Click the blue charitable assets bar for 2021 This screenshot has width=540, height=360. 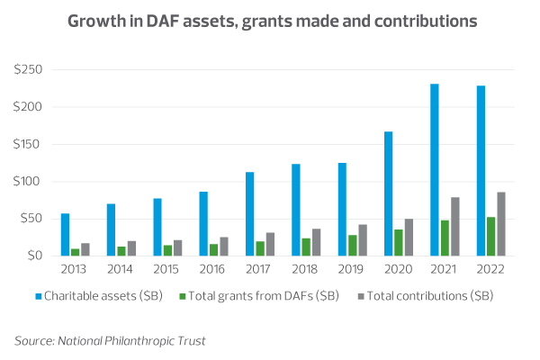click(434, 170)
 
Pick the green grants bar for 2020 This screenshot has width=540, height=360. click(399, 242)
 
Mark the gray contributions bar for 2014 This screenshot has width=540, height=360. click(131, 247)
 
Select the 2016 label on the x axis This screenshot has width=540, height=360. click(213, 268)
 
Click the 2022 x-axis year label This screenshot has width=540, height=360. click(490, 268)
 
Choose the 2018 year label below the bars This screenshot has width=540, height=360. click(306, 268)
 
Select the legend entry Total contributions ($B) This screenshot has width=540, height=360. click(429, 294)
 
